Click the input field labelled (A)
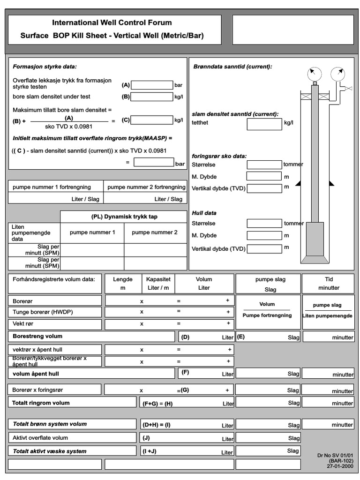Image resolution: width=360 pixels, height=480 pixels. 152,85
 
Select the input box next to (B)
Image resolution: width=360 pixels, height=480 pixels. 152,97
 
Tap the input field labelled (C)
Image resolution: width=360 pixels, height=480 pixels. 152,120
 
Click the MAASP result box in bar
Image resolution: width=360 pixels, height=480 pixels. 154,163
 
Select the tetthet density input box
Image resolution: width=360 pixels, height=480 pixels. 264,124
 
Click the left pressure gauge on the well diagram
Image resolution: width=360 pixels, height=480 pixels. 315,74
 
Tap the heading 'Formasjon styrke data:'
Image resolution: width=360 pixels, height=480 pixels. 45,67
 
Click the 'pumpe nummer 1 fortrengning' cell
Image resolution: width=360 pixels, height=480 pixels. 55,187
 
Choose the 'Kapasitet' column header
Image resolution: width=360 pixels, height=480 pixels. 158,279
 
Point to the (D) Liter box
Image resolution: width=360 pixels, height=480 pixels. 206,337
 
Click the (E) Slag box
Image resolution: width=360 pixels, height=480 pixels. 268,337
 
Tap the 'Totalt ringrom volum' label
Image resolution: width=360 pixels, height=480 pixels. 41,403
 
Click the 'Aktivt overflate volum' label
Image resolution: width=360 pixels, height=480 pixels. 40,438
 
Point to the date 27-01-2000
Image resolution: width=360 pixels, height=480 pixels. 340,466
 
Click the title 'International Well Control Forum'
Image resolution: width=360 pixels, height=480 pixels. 112,22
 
